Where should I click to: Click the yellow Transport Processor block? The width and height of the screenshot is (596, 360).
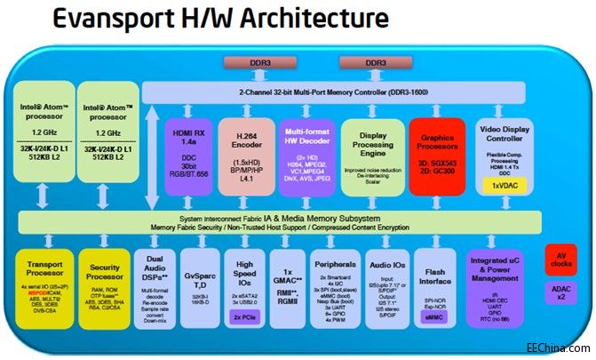click(44, 289)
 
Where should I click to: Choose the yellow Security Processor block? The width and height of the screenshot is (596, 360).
click(105, 289)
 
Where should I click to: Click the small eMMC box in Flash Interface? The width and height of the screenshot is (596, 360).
click(434, 315)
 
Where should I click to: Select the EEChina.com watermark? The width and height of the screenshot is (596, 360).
click(557, 349)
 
